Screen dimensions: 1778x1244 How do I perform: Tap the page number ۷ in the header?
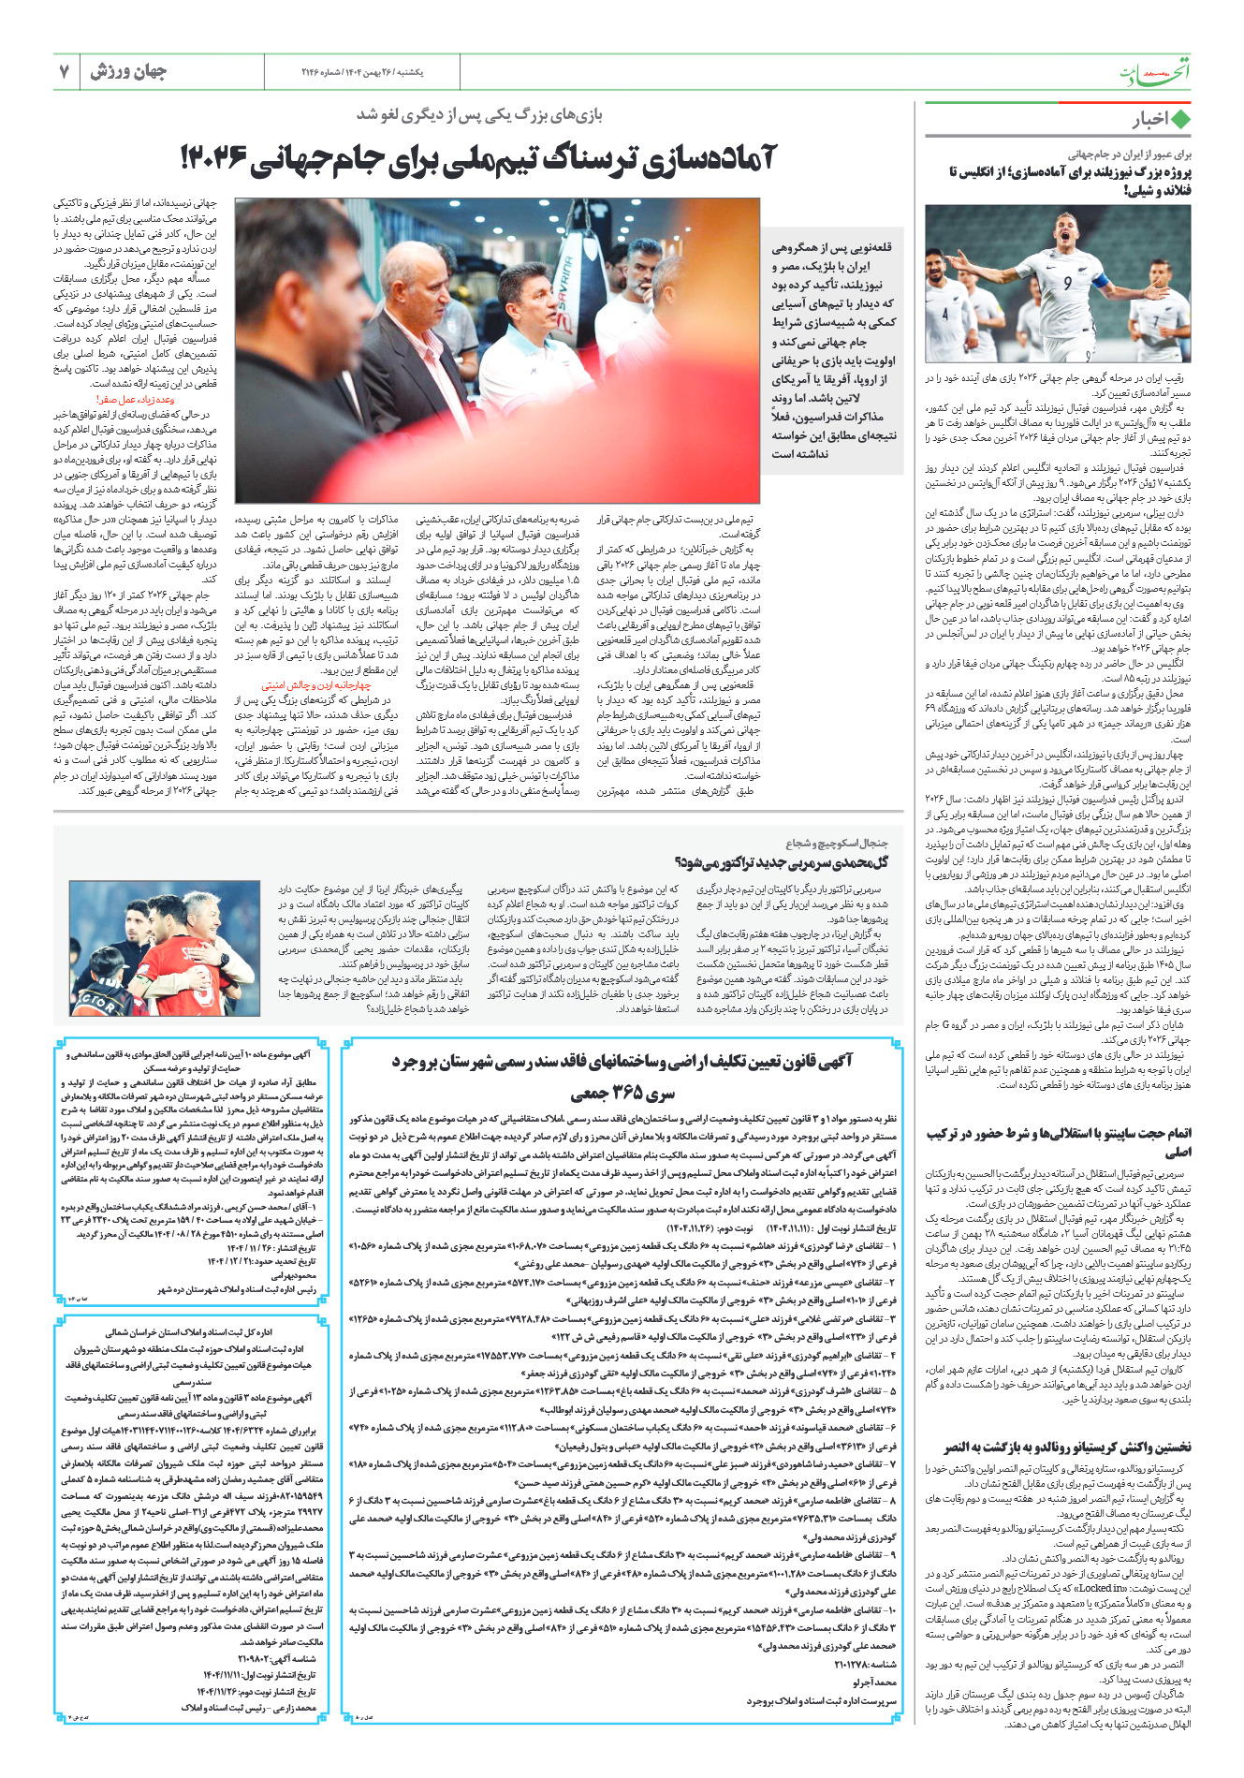pyautogui.click(x=64, y=72)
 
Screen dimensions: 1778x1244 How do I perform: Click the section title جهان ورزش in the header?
pyautogui.click(x=128, y=72)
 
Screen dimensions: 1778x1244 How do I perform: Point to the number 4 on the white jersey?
pyautogui.click(x=945, y=315)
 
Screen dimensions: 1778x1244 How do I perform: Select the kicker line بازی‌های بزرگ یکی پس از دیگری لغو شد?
pyautogui.click(x=479, y=115)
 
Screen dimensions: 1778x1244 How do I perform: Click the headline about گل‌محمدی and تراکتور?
pyautogui.click(x=781, y=861)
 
